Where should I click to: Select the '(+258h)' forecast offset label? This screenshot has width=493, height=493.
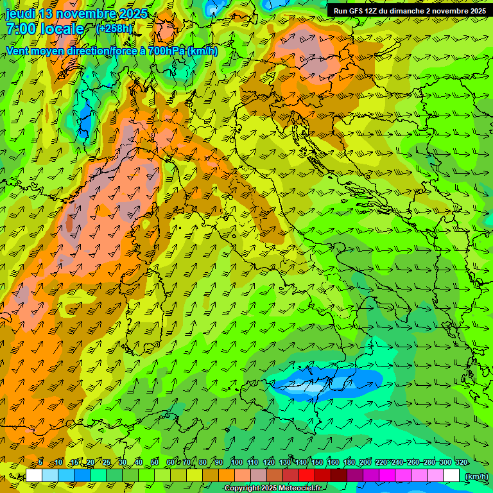point(114,28)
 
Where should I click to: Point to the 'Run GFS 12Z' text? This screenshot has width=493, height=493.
point(356,11)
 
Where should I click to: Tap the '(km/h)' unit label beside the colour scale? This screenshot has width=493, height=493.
point(476,476)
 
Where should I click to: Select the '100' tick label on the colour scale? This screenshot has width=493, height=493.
point(237,462)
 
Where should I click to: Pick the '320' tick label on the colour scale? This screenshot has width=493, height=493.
point(461,462)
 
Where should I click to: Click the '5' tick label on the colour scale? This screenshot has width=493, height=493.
point(40,462)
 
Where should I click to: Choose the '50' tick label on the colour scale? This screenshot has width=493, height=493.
point(155,462)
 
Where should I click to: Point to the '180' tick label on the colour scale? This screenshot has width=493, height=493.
point(349,462)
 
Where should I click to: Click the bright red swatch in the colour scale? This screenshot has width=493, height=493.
point(307,476)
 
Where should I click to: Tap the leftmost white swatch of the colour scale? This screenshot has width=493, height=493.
point(34,476)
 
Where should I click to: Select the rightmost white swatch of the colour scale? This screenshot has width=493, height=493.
point(451,476)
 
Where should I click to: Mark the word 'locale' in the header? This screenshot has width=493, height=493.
point(63,29)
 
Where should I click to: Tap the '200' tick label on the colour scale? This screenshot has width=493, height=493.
point(365,462)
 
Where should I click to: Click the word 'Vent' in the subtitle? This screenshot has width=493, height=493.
point(17,51)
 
